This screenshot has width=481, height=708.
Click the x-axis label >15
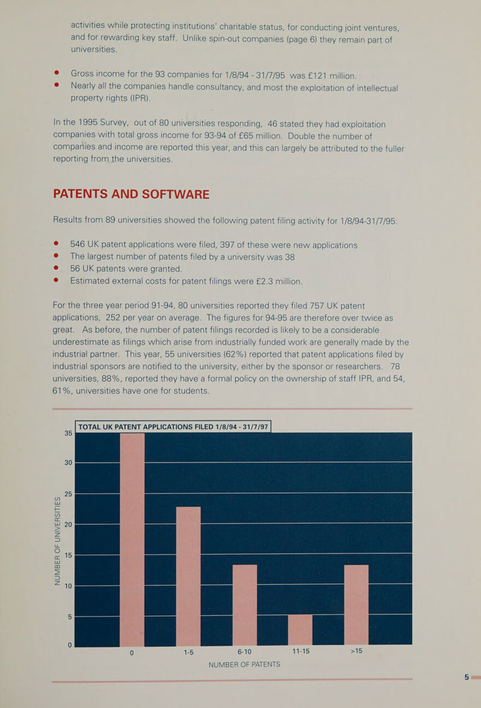355,653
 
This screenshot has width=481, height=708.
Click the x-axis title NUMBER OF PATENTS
244,665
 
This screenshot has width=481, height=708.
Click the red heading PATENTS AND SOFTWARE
131,194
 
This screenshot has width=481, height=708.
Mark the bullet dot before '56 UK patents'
57,269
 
